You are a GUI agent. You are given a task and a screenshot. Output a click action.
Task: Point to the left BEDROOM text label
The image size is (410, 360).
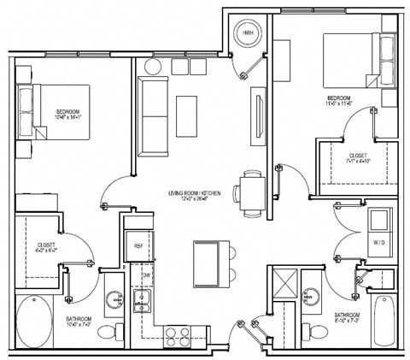[x=69, y=112]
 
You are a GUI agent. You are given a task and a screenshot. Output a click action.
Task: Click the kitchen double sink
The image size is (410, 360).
[x=142, y=299]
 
